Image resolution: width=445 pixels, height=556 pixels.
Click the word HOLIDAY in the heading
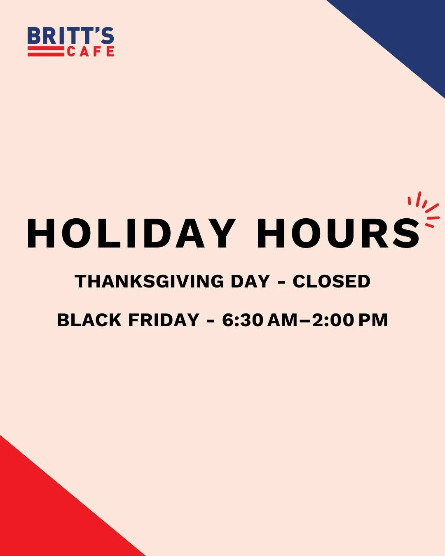pos(131,234)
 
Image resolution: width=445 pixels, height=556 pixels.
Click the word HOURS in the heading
pos(338,234)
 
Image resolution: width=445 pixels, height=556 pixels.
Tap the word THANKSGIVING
pos(149,282)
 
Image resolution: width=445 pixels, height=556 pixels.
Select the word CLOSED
pos(331,282)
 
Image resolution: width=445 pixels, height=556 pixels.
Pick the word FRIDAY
pos(164,320)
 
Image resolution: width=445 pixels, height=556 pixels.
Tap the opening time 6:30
pos(243,320)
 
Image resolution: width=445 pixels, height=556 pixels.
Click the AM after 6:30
pos(282,320)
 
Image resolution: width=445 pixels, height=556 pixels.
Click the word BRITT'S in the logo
pos(70,37)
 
